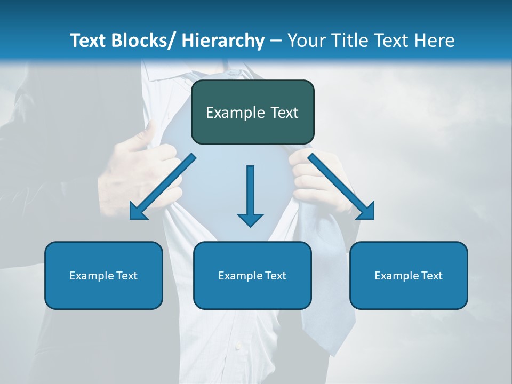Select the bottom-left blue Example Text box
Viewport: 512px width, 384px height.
(103, 276)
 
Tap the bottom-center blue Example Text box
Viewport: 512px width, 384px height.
(252, 276)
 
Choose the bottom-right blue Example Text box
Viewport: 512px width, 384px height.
(409, 276)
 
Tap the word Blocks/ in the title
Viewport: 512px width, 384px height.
(141, 41)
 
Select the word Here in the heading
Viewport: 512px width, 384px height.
(435, 41)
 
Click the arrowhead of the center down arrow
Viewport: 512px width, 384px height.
(250, 219)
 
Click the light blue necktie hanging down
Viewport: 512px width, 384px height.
(328, 299)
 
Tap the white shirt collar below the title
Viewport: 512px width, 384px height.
(160, 72)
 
